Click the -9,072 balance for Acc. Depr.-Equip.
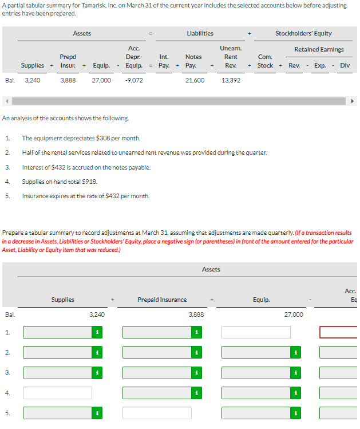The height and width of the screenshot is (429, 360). tap(134, 81)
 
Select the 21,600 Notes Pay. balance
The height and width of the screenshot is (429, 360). tap(195, 81)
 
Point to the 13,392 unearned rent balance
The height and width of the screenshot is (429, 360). tap(231, 81)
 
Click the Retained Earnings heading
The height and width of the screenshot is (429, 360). tap(319, 49)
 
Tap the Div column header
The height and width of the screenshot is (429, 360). tap(345, 65)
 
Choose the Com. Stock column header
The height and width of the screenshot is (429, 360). tap(265, 61)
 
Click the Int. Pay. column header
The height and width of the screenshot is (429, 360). tap(164, 61)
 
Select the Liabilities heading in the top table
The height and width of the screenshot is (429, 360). tap(200, 34)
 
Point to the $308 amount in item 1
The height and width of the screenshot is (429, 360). tap(98, 138)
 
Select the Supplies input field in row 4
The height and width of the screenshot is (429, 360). tap(57, 393)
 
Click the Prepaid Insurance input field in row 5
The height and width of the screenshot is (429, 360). tap(157, 413)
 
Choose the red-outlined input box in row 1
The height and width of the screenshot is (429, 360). tap(338, 332)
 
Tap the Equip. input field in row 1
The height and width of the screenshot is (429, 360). tap(256, 332)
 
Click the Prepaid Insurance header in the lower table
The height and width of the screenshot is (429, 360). tap(162, 300)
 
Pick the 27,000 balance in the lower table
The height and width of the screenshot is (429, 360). tap(294, 314)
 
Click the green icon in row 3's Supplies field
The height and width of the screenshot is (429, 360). tap(97, 373)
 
